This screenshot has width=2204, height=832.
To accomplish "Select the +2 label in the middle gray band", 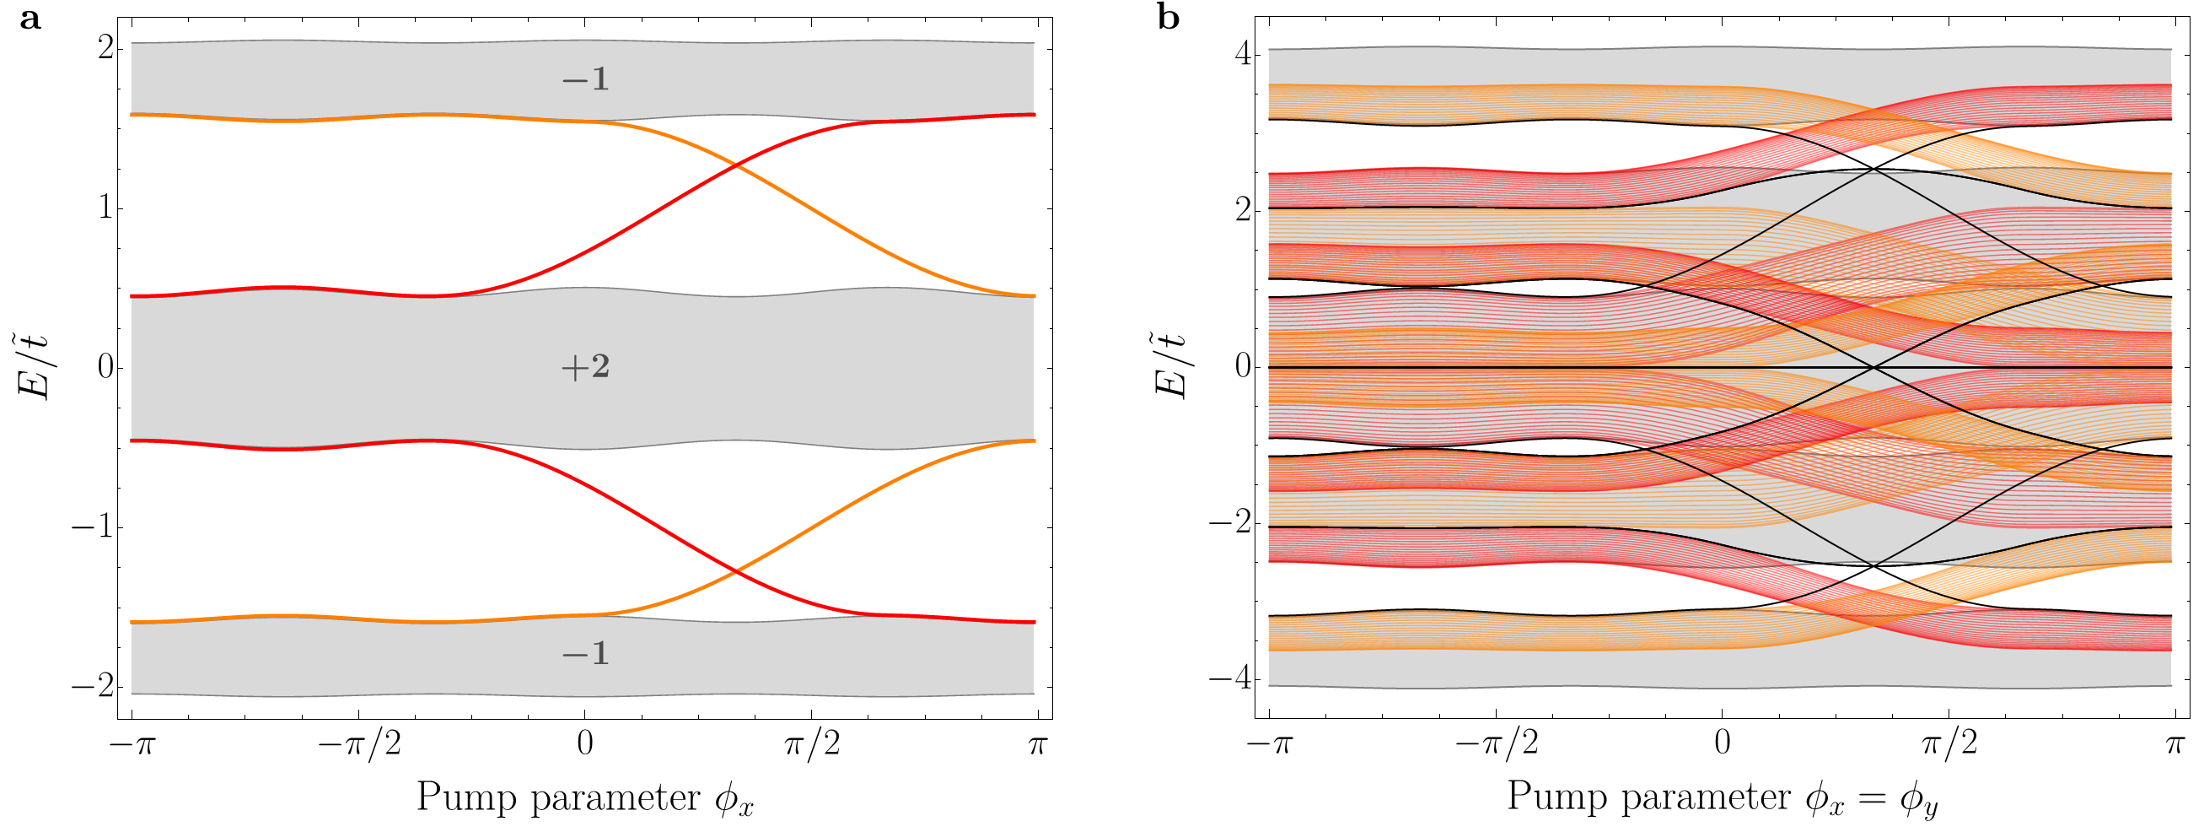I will [585, 368].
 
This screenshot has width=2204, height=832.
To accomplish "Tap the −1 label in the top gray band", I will [585, 80].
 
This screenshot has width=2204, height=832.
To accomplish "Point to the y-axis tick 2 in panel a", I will [106, 48].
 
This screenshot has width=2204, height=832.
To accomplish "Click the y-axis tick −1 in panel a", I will [94, 528].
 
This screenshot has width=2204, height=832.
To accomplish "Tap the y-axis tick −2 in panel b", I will [1231, 523].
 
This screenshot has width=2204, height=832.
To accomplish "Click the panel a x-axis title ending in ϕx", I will [585, 797].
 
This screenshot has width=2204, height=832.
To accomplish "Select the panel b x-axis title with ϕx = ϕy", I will [1722, 797].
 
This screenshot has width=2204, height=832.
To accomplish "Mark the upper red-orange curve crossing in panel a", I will [737, 165].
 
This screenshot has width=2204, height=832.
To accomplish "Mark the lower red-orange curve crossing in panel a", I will [737, 571].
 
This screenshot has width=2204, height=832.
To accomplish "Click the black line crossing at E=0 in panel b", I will [1873, 367].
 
